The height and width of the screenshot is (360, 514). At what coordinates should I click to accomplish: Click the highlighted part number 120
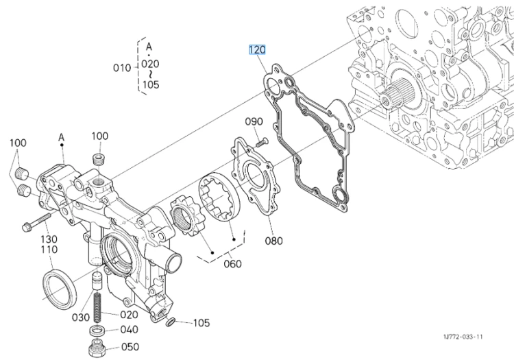257,50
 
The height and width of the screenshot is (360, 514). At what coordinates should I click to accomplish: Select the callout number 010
122,68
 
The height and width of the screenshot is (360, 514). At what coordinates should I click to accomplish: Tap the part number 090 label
254,121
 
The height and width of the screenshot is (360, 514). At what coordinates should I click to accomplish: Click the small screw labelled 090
261,143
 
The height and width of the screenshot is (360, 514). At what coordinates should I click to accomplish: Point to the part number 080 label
273,241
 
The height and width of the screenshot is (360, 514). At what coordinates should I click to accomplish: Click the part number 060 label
232,263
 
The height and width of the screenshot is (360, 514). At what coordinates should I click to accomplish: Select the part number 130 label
49,239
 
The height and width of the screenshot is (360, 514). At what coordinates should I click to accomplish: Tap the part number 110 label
49,250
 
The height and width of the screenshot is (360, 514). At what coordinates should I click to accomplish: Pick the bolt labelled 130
36,221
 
